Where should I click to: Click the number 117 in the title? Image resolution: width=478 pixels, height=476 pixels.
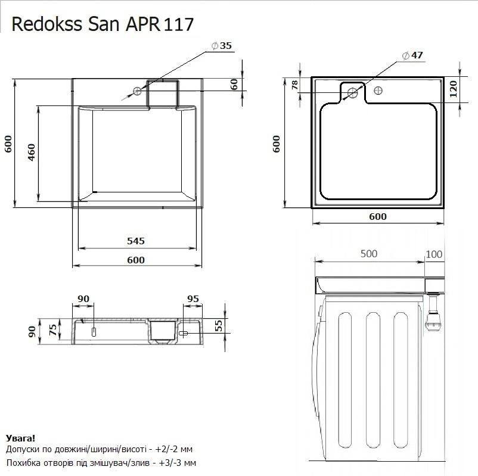tap(179, 24)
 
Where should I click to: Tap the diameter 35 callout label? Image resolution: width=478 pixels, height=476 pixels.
tap(222, 46)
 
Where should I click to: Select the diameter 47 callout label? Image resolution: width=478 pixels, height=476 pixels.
tap(412, 55)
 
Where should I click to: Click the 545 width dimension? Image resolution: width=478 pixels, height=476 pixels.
tap(136, 241)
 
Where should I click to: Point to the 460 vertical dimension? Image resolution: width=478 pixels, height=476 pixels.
tap(32, 153)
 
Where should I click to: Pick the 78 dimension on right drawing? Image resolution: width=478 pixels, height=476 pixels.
tap(294, 85)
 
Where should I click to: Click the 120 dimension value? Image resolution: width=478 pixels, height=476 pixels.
tap(454, 89)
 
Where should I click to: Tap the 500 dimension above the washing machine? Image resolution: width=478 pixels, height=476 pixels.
tap(369, 254)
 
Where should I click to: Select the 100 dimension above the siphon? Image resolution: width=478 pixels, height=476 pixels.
tap(434, 254)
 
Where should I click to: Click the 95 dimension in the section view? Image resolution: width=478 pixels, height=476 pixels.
tap(193, 298)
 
